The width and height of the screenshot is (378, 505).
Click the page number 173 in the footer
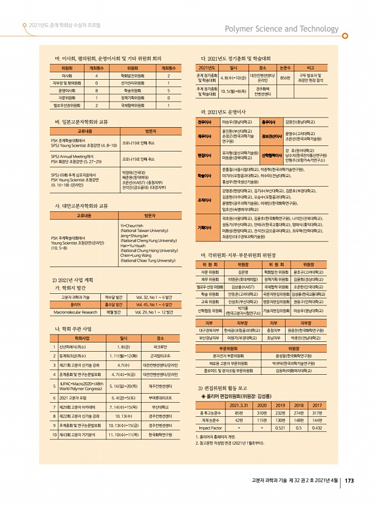pyautogui.click(x=349, y=481)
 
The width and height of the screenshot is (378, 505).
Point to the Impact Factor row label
pyautogui.click(x=210, y=444)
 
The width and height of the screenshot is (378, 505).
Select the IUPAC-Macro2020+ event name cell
pyautogui.click(x=84, y=386)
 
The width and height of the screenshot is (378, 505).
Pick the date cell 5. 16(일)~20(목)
pyautogui.click(x=123, y=386)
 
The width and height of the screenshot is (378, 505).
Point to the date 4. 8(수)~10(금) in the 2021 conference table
pyautogui.click(x=233, y=78)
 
